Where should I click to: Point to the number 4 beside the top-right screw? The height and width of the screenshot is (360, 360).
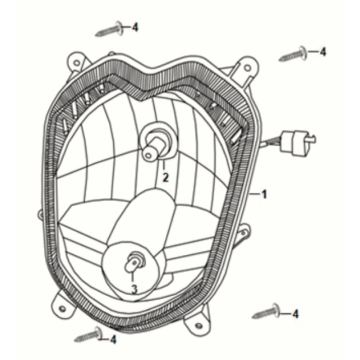point(322,50)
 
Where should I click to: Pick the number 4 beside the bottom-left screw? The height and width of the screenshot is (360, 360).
point(113,339)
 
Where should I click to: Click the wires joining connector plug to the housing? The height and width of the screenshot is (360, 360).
point(273,146)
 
